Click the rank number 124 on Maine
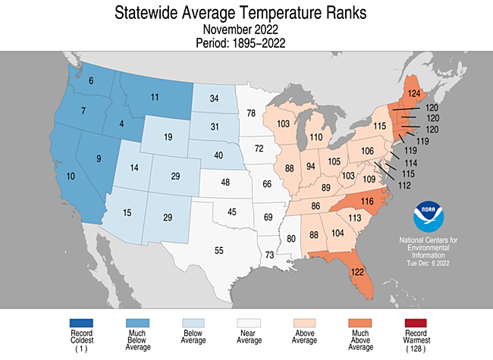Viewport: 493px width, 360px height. (413, 94)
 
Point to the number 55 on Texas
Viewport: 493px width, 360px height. (219, 250)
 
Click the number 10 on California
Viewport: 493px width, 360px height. (71, 177)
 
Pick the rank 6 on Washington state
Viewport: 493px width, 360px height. (91, 81)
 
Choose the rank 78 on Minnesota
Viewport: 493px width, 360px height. (251, 113)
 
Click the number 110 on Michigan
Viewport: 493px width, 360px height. (316, 138)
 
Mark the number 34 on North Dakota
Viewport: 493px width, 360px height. (214, 99)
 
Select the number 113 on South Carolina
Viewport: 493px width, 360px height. (353, 218)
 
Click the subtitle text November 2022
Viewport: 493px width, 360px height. (246, 29)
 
